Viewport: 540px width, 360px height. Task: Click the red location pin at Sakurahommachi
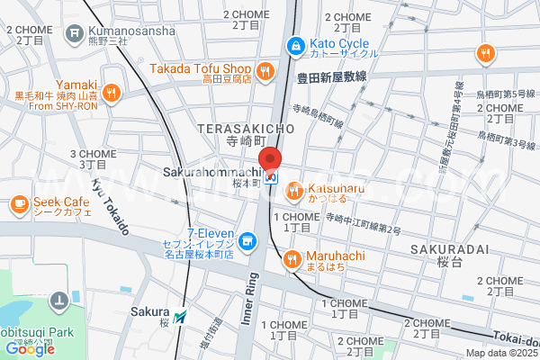(270, 159)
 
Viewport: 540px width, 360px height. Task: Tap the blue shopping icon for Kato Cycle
(294, 45)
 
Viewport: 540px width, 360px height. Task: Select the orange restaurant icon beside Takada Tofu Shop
(265, 69)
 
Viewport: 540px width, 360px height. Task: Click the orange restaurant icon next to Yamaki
(111, 91)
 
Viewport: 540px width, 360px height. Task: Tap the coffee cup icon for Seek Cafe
(19, 205)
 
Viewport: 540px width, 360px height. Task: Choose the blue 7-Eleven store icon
(249, 241)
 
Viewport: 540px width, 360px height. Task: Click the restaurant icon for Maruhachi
(292, 260)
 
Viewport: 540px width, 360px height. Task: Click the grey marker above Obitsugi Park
(58, 300)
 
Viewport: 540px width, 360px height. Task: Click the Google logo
(30, 348)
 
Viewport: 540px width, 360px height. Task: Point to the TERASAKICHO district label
(247, 130)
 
